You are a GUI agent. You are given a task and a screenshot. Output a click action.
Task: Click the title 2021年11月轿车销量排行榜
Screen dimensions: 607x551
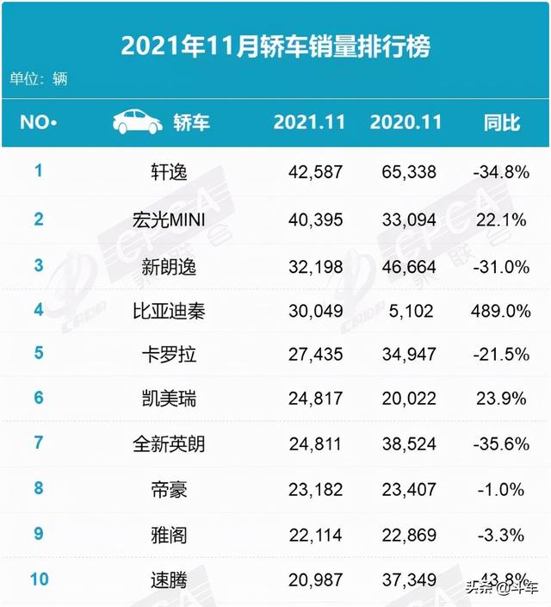pyautogui.click(x=275, y=45)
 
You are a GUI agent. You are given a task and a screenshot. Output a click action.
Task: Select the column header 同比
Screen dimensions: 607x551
pyautogui.click(x=502, y=122)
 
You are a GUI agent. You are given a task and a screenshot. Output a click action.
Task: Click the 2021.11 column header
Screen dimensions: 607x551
pyautogui.click(x=309, y=122)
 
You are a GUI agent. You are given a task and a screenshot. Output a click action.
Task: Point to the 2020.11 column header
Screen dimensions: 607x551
pyautogui.click(x=406, y=122)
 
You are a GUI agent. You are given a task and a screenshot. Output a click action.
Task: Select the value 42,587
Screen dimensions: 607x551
pyautogui.click(x=315, y=171)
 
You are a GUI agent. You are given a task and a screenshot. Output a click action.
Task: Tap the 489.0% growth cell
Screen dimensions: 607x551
pyautogui.click(x=502, y=310)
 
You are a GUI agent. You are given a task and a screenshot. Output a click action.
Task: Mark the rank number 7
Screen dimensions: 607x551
pyautogui.click(x=38, y=443)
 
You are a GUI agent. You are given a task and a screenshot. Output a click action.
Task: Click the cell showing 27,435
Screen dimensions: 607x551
pyautogui.click(x=315, y=355)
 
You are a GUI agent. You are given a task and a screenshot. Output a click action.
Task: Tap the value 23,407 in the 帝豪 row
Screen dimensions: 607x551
pyautogui.click(x=409, y=490)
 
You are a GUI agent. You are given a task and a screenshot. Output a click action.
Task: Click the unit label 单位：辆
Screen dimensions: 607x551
pyautogui.click(x=39, y=79)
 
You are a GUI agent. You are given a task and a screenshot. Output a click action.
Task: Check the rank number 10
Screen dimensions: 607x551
pyautogui.click(x=38, y=579)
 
